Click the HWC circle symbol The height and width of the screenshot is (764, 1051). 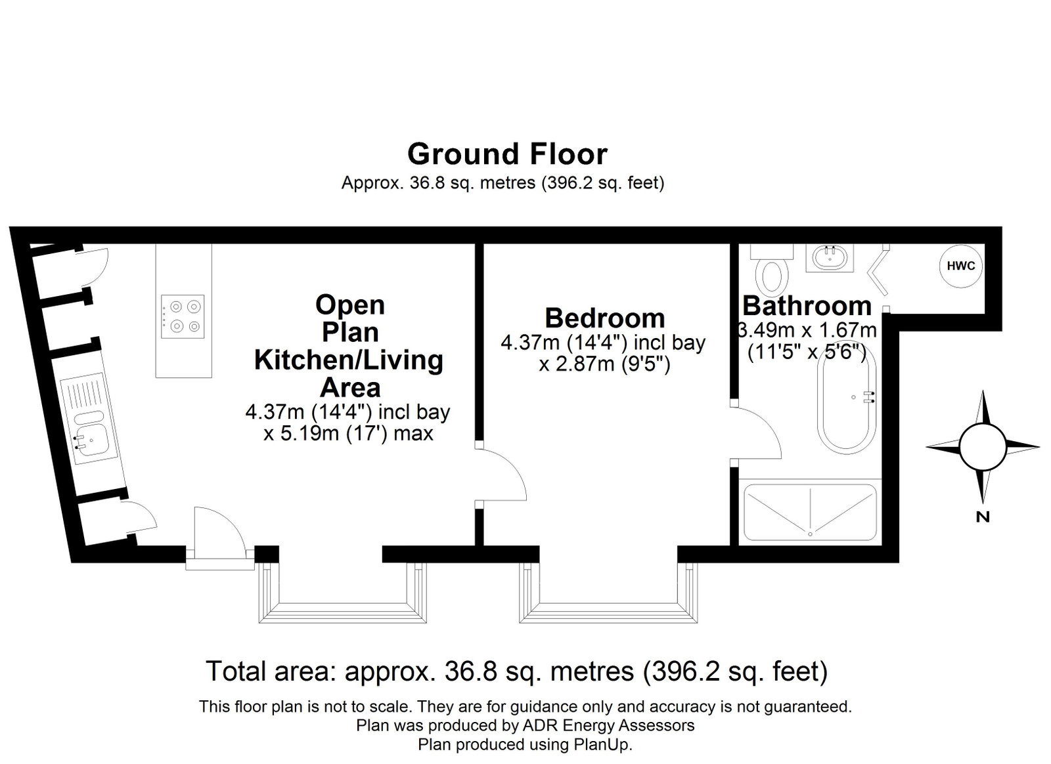click(x=961, y=266)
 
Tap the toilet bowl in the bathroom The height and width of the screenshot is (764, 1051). click(x=771, y=277)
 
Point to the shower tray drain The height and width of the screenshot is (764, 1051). click(x=811, y=534)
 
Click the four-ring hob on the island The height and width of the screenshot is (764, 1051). click(x=183, y=316)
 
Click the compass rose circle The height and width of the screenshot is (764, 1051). click(x=983, y=447)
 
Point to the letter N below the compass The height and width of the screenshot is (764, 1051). click(x=983, y=517)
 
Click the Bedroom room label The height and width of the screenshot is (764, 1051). click(x=605, y=318)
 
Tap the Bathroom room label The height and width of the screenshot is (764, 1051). click(x=807, y=306)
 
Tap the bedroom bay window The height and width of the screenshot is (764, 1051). click(x=608, y=593)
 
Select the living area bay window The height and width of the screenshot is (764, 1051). click(x=342, y=593)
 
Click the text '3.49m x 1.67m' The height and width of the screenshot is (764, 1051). click(x=807, y=330)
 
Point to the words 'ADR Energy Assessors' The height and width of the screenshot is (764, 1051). click(x=608, y=725)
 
